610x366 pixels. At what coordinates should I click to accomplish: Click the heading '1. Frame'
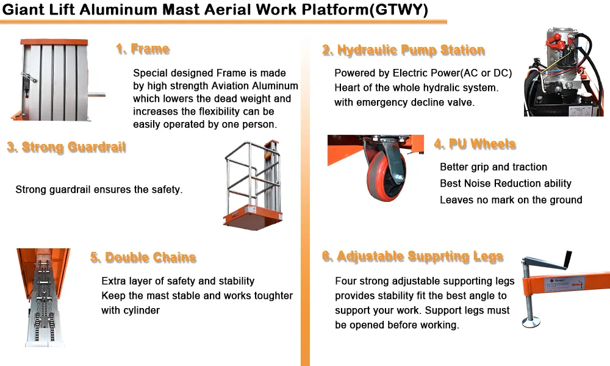pyautogui.click(x=143, y=49)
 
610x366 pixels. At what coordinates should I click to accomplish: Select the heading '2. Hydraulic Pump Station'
pyautogui.click(x=403, y=51)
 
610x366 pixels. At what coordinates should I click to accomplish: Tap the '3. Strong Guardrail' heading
pyautogui.click(x=66, y=148)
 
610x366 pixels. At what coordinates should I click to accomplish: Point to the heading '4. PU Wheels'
pyautogui.click(x=475, y=145)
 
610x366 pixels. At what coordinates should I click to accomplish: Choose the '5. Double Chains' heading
pyautogui.click(x=143, y=257)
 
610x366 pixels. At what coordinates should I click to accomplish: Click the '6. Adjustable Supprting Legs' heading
pyautogui.click(x=413, y=257)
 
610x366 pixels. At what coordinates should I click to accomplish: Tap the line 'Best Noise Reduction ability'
pyautogui.click(x=505, y=184)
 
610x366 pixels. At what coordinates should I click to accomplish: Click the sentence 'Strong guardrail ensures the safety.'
pyautogui.click(x=99, y=190)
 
